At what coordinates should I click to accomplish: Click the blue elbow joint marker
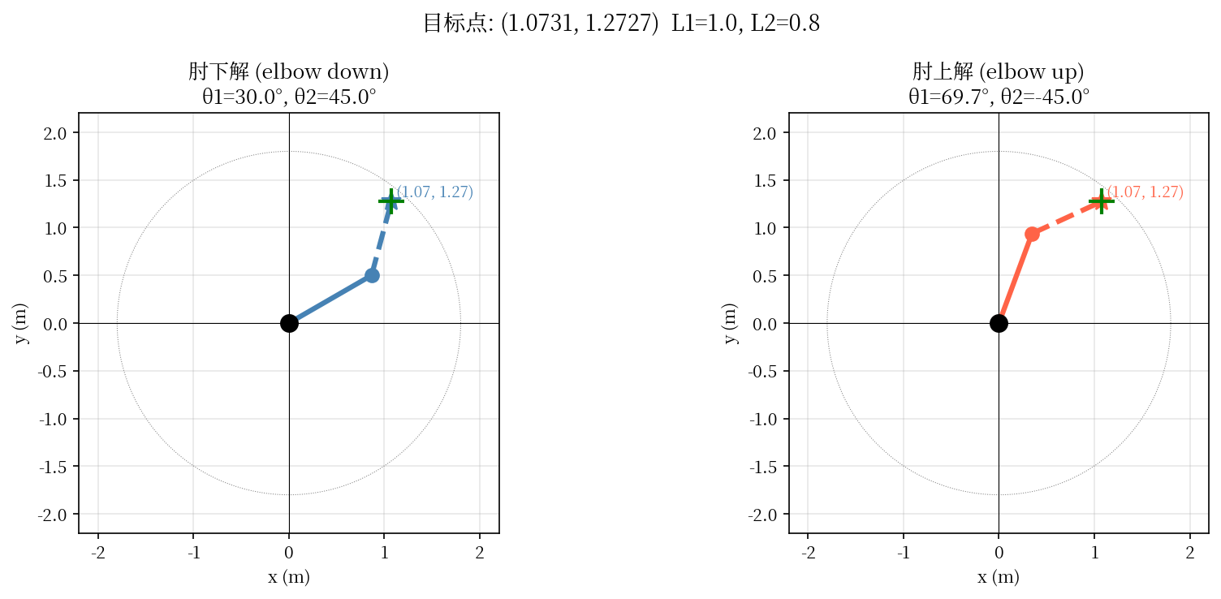click(x=372, y=275)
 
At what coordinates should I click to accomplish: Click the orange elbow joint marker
click(x=1032, y=234)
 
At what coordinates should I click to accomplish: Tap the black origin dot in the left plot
click(x=289, y=323)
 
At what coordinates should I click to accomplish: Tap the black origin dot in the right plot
click(x=999, y=323)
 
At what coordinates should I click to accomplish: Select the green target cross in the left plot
click(x=390, y=201)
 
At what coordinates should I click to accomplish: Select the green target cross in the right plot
click(x=1101, y=201)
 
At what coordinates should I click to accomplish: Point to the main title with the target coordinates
click(x=621, y=24)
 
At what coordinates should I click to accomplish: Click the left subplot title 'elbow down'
click(x=288, y=72)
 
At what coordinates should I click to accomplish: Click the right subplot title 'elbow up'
click(x=999, y=72)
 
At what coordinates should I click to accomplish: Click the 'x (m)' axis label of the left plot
click(x=288, y=577)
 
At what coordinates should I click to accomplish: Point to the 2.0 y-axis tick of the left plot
click(x=57, y=132)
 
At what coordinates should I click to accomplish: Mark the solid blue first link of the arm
click(x=330, y=299)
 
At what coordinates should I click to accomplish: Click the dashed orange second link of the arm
click(x=1066, y=218)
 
